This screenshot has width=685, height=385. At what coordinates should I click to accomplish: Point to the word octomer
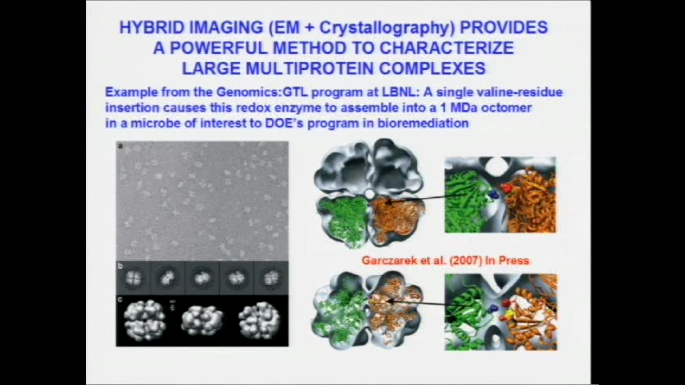(506, 108)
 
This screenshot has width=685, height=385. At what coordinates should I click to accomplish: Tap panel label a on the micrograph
(120, 146)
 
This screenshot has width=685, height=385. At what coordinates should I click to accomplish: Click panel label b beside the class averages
(120, 266)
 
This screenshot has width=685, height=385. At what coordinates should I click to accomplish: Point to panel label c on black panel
(120, 300)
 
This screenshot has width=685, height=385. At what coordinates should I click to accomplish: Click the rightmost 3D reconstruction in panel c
(259, 320)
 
